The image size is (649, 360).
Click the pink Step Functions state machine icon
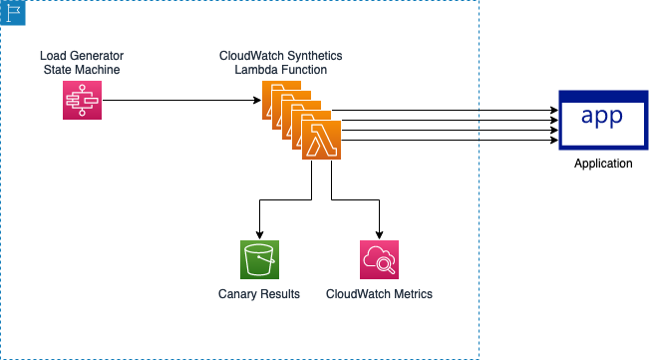coord(82,100)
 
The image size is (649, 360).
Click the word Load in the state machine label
coord(52,55)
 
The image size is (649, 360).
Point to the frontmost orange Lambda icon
coord(321,140)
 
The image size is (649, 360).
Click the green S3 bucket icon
coord(259,259)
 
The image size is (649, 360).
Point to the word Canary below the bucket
coord(237,294)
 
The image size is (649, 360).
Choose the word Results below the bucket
coord(280,294)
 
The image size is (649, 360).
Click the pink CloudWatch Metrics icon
coord(379,259)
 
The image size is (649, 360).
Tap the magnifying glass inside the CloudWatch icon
coord(386,265)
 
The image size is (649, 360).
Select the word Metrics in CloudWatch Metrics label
coord(412,294)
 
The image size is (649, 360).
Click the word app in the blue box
coord(601,117)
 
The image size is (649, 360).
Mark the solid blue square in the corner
coord(13,13)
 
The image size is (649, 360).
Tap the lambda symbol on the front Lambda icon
coord(321,141)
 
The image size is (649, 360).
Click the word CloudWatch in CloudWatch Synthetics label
coord(249,55)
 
